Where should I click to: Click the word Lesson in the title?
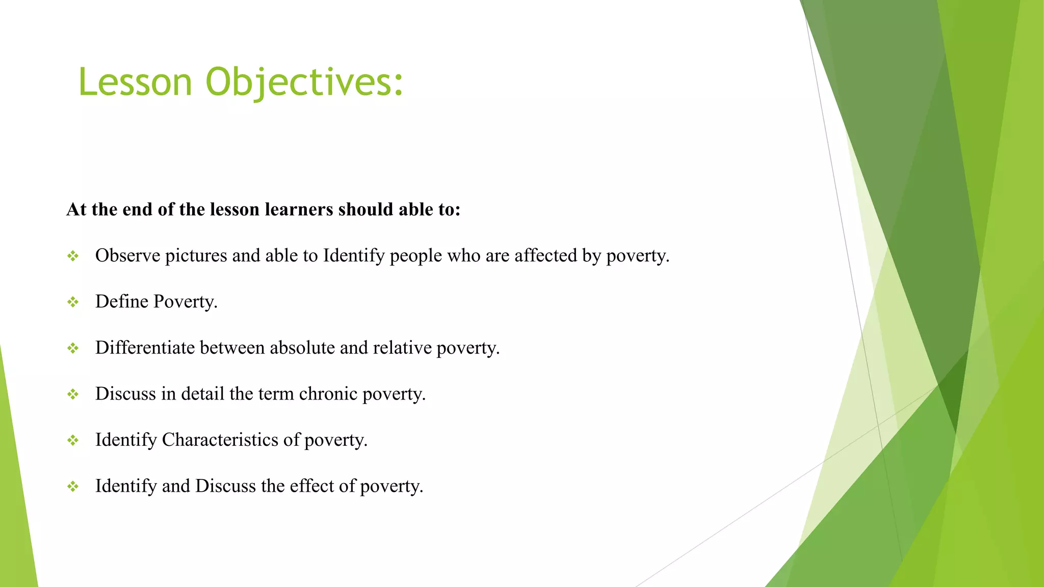(x=135, y=82)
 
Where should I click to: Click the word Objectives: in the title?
(x=304, y=82)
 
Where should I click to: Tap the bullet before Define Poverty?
(x=73, y=302)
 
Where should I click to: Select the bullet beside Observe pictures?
(x=73, y=256)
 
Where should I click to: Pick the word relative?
(x=402, y=348)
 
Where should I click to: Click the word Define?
(x=121, y=302)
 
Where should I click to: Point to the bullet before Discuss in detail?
(x=73, y=394)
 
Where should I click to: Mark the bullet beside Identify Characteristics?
(x=73, y=440)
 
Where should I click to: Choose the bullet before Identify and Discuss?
(x=73, y=487)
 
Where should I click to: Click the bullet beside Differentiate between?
(x=73, y=348)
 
